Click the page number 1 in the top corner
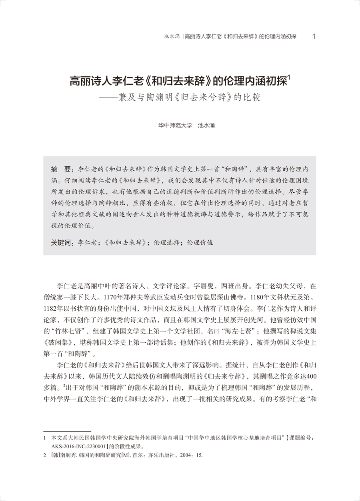pyautogui.click(x=314, y=36)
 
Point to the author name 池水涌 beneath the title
pyautogui.click(x=207, y=125)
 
